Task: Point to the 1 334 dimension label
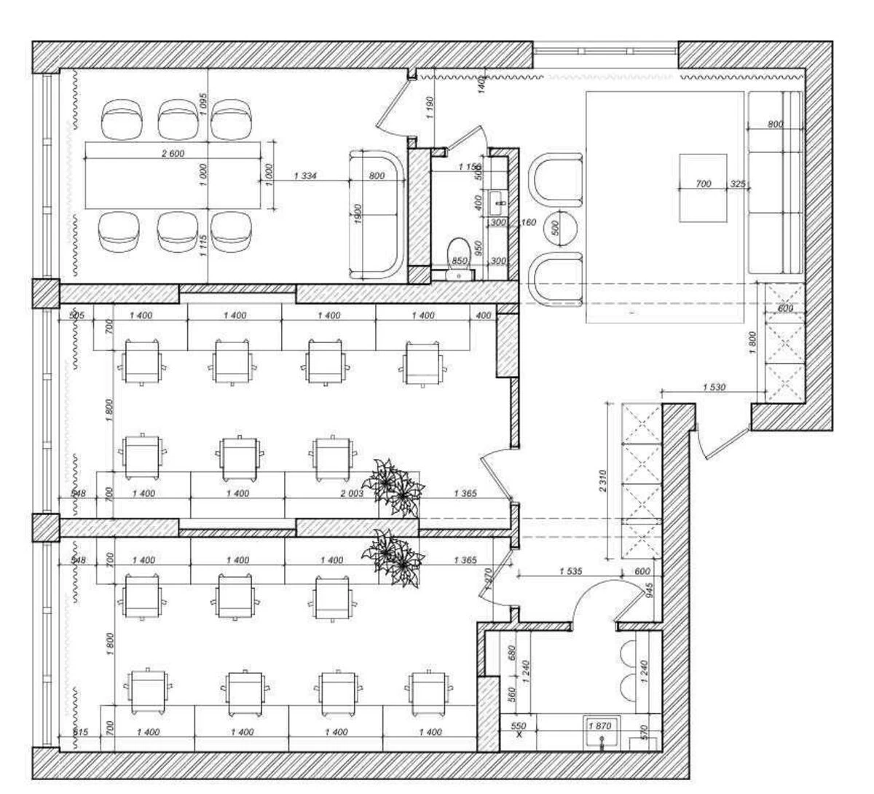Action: point(305,176)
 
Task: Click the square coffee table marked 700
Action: point(703,187)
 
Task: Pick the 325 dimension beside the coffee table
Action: point(737,184)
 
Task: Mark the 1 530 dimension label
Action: point(714,388)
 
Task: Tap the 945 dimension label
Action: point(650,587)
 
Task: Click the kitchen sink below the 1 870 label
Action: point(603,739)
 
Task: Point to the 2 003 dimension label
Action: point(352,493)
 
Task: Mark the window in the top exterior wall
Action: point(605,50)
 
